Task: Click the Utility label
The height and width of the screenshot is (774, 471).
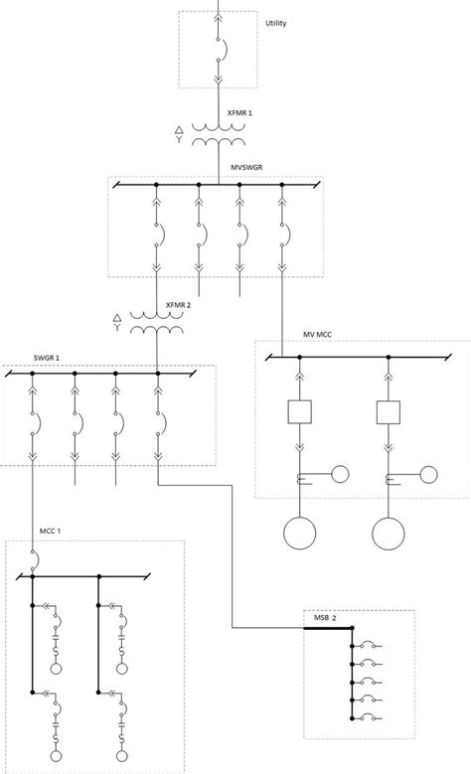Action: click(276, 23)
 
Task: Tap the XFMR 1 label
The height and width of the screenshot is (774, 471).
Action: click(240, 115)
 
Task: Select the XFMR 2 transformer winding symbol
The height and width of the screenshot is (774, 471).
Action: click(158, 325)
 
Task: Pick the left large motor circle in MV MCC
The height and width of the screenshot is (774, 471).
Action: click(299, 533)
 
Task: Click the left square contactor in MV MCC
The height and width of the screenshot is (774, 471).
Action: click(299, 409)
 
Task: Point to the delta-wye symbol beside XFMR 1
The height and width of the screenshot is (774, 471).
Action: click(179, 135)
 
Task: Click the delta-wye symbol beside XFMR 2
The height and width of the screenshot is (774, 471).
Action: click(117, 323)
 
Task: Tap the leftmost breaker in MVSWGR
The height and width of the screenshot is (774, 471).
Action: click(157, 236)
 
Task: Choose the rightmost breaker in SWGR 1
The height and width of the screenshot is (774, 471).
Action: click(158, 424)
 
